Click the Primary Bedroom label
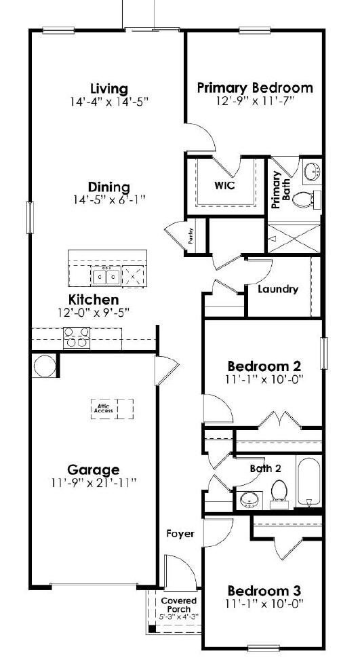(254, 88)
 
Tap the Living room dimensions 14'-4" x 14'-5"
(108, 102)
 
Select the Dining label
(108, 187)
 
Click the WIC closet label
(224, 186)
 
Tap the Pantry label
(192, 238)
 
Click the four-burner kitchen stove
(76, 337)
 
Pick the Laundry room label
(278, 289)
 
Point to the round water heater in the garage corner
(45, 366)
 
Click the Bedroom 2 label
(264, 366)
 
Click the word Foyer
(180, 534)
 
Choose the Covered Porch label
(178, 604)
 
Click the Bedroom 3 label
(264, 590)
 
